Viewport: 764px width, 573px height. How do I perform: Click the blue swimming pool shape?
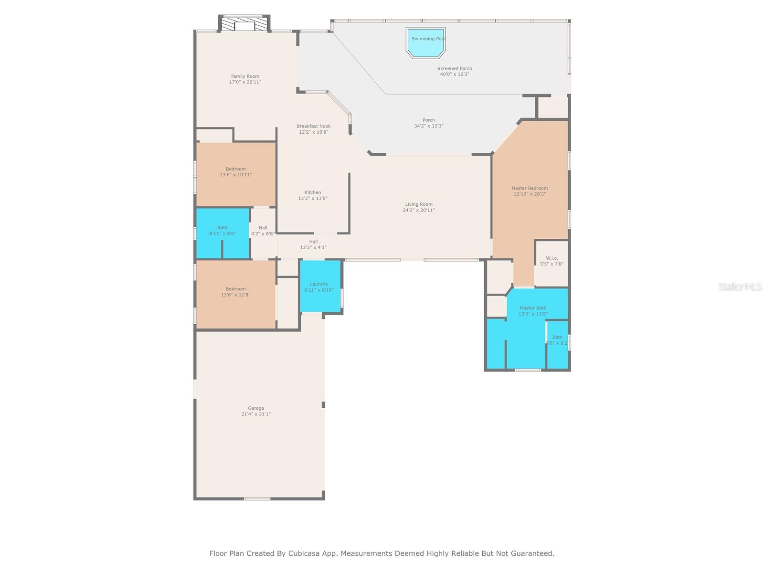pos(425,43)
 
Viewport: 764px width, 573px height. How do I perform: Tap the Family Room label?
pos(245,76)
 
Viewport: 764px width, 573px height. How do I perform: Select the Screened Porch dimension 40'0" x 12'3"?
pos(455,74)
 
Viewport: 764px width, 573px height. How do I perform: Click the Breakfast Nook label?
pos(313,126)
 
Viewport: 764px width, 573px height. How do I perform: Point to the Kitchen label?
pos(313,192)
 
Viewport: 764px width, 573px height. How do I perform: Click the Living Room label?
pos(419,204)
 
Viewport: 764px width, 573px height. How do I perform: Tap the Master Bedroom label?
pos(530,188)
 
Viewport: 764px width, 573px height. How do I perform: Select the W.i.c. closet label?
pos(552,258)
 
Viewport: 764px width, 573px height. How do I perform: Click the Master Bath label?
pos(532,308)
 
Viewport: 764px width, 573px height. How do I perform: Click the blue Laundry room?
pos(320,286)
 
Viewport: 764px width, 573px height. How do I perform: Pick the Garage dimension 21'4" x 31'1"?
pos(256,414)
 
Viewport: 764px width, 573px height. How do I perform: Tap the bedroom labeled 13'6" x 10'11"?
pos(235,174)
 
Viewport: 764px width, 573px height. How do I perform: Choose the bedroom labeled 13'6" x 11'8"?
pos(235,294)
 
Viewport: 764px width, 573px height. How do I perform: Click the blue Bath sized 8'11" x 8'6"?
pos(223,233)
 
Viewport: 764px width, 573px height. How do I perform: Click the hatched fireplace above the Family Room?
pos(244,24)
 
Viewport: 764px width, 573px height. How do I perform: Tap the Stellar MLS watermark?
pos(740,286)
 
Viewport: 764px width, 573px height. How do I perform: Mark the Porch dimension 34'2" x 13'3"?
pos(428,126)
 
